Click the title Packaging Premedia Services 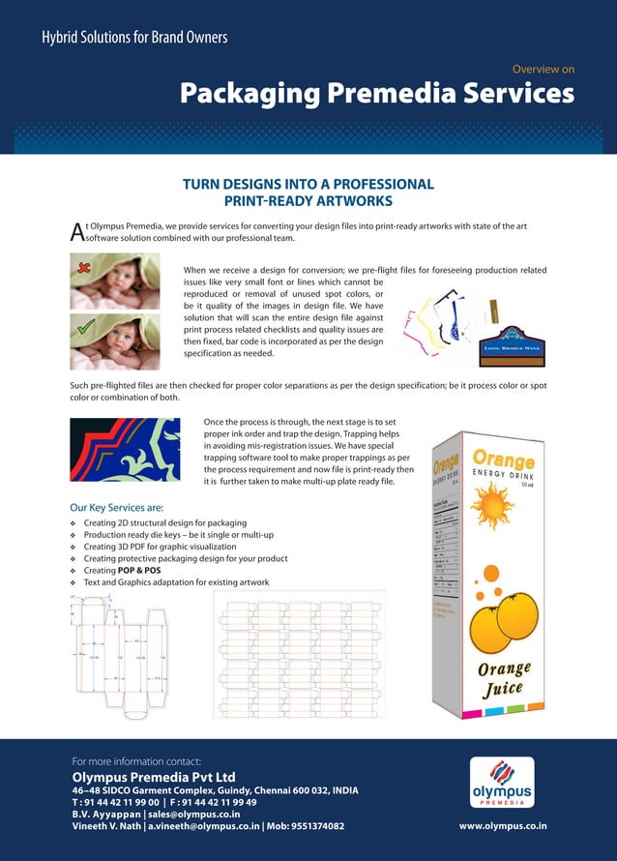click(376, 94)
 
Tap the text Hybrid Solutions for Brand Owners click(134, 38)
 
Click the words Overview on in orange click(543, 70)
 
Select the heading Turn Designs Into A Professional click(308, 184)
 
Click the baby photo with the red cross click(115, 282)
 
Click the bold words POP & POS click(141, 571)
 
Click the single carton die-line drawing click(123, 657)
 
